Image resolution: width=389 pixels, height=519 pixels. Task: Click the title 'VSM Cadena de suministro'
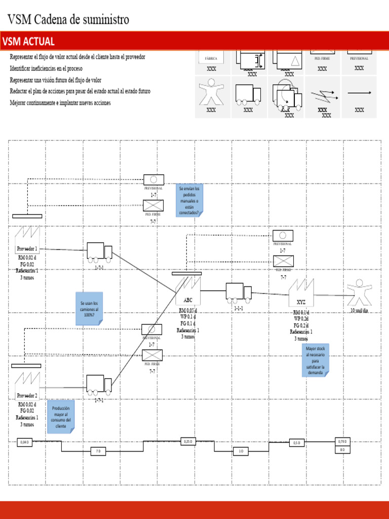(x=68, y=20)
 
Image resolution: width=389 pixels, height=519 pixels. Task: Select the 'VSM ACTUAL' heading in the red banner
(x=28, y=42)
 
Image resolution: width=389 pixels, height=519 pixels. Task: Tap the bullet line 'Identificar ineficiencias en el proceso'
(x=46, y=68)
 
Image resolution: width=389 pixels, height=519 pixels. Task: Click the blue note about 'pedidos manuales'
(x=189, y=200)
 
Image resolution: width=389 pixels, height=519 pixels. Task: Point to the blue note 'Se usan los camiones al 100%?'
(x=89, y=308)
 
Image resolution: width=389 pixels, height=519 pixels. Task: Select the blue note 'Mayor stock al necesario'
(x=315, y=360)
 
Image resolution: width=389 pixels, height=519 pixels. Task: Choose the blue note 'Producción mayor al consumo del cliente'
(x=61, y=417)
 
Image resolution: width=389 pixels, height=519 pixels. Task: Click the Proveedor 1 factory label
(x=27, y=249)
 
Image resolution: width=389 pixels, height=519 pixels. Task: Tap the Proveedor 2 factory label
(x=27, y=395)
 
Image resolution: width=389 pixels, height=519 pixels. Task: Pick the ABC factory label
(x=188, y=300)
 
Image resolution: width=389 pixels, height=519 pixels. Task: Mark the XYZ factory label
(x=301, y=302)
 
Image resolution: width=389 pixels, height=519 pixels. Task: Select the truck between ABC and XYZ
(x=238, y=292)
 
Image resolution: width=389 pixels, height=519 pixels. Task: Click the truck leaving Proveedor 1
(x=99, y=251)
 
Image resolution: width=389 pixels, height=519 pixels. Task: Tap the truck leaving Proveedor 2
(x=99, y=384)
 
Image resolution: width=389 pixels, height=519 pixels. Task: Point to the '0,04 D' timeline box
(x=24, y=442)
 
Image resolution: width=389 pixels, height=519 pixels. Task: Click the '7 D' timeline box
(x=98, y=451)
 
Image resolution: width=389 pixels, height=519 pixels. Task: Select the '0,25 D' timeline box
(x=188, y=441)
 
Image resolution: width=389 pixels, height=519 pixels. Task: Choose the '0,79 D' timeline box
(x=342, y=441)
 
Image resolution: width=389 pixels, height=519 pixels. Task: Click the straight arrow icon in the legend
(x=359, y=93)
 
